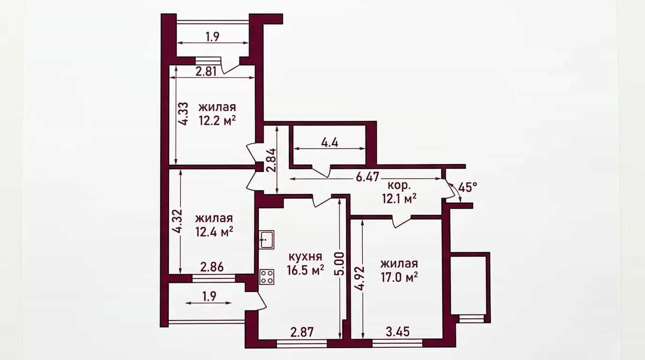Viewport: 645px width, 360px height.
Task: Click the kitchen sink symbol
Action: [266, 240]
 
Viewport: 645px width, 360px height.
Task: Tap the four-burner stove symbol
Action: [267, 277]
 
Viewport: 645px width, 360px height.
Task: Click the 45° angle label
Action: [468, 187]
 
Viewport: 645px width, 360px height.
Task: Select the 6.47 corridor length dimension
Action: [367, 177]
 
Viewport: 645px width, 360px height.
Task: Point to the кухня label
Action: [305, 256]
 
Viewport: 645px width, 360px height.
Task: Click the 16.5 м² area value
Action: [305, 270]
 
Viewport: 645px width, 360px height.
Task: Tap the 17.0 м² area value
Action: [399, 277]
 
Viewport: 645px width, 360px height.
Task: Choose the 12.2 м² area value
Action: [217, 120]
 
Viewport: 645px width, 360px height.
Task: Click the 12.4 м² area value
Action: [214, 232]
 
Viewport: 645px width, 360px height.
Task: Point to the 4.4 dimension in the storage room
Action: [330, 143]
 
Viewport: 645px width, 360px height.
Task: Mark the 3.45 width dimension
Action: [397, 332]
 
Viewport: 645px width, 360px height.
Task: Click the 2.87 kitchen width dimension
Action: [302, 332]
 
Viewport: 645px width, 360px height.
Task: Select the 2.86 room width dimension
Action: [212, 267]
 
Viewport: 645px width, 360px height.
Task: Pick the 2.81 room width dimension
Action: [206, 71]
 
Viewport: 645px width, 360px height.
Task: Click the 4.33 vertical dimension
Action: [183, 113]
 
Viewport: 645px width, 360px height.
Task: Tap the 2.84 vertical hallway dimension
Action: [271, 160]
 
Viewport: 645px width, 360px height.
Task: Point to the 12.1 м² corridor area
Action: [399, 199]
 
